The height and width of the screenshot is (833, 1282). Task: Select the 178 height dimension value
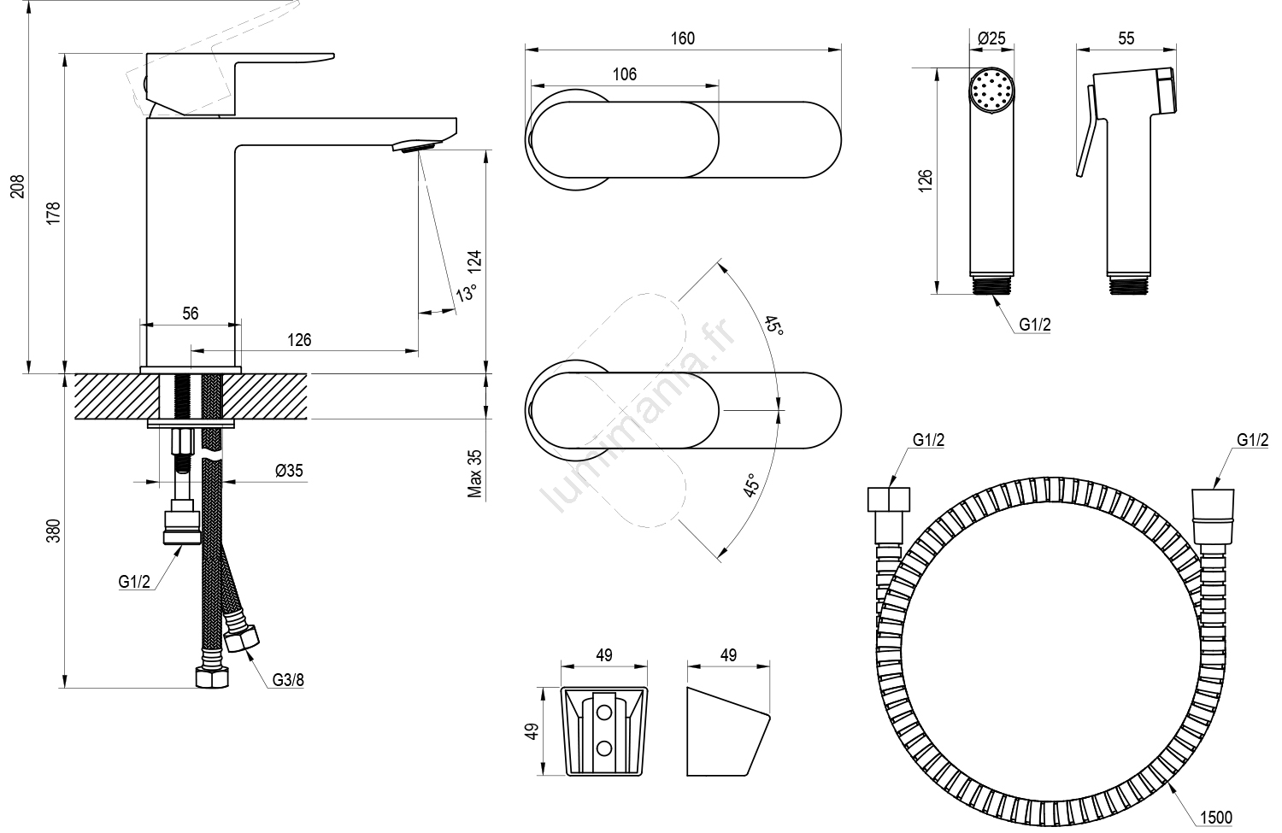click(x=53, y=213)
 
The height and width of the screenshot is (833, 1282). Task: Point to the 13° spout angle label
click(x=466, y=292)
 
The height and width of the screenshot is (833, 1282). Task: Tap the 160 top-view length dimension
click(x=683, y=38)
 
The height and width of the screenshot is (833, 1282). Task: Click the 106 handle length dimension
click(x=625, y=74)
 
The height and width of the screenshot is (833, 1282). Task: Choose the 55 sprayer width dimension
click(x=1126, y=38)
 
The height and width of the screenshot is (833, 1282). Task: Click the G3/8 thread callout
click(x=288, y=680)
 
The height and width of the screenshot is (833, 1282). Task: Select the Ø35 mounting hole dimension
click(x=289, y=470)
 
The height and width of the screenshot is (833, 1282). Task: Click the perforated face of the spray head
click(x=991, y=90)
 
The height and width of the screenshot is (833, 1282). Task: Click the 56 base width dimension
click(x=190, y=314)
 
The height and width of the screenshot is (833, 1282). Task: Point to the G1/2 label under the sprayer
click(x=1034, y=325)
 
